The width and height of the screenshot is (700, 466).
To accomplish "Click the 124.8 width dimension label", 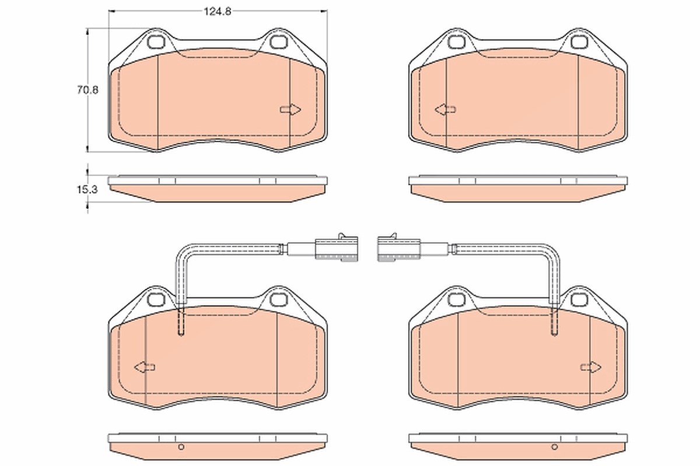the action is (x=218, y=12).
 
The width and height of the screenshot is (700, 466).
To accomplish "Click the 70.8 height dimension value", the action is (x=88, y=90).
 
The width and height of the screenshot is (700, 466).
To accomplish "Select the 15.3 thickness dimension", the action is (x=87, y=189).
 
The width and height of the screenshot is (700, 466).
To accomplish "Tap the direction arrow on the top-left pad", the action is (x=290, y=110).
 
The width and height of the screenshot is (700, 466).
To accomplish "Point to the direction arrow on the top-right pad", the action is (x=445, y=110).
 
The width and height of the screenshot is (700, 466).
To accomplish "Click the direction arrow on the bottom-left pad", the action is (x=145, y=367).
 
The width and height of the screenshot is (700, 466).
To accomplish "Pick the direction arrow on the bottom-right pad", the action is (x=591, y=367).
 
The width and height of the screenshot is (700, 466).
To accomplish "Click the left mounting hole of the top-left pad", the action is (x=155, y=42).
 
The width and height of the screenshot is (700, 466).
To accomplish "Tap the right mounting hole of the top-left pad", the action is (x=278, y=42).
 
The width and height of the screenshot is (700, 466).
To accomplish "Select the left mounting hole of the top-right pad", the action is (x=456, y=42).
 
